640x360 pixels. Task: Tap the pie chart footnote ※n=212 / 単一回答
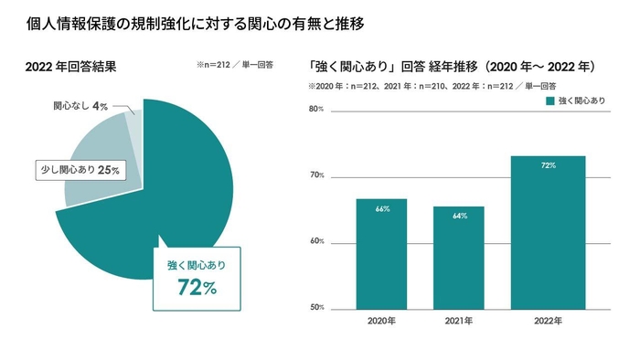click(x=235, y=66)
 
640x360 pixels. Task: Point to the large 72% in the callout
click(x=197, y=288)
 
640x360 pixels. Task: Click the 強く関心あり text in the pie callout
click(x=197, y=266)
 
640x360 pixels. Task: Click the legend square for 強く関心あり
click(x=550, y=101)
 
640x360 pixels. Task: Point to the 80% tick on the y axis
click(x=316, y=110)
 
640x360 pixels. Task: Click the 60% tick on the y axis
click(x=316, y=242)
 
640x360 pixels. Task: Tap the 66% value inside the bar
click(x=382, y=209)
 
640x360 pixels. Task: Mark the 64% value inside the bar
click(x=459, y=217)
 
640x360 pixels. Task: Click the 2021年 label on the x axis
click(x=459, y=322)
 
